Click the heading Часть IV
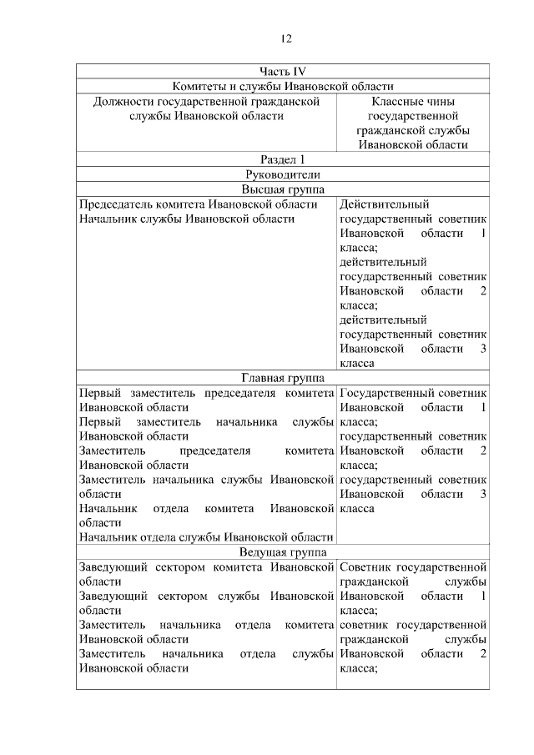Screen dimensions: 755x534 [x=282, y=72]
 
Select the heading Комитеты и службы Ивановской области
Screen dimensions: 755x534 [x=283, y=87]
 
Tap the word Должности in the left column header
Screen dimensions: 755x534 [x=123, y=102]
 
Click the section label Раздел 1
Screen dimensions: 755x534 [x=282, y=159]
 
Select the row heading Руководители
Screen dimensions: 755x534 [x=282, y=174]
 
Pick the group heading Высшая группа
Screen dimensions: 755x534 [x=282, y=189]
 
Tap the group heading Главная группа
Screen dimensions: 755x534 [x=282, y=378]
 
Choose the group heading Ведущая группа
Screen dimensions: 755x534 [x=282, y=552]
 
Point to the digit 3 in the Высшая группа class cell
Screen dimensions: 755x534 [x=483, y=349]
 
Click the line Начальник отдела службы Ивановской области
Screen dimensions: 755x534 [x=205, y=537]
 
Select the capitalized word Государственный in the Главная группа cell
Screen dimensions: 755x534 [x=385, y=393]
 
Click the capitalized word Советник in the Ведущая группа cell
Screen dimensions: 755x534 [x=365, y=567]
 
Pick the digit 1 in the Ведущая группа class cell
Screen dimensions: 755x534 [x=483, y=596]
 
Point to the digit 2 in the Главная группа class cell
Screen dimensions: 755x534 [x=483, y=450]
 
